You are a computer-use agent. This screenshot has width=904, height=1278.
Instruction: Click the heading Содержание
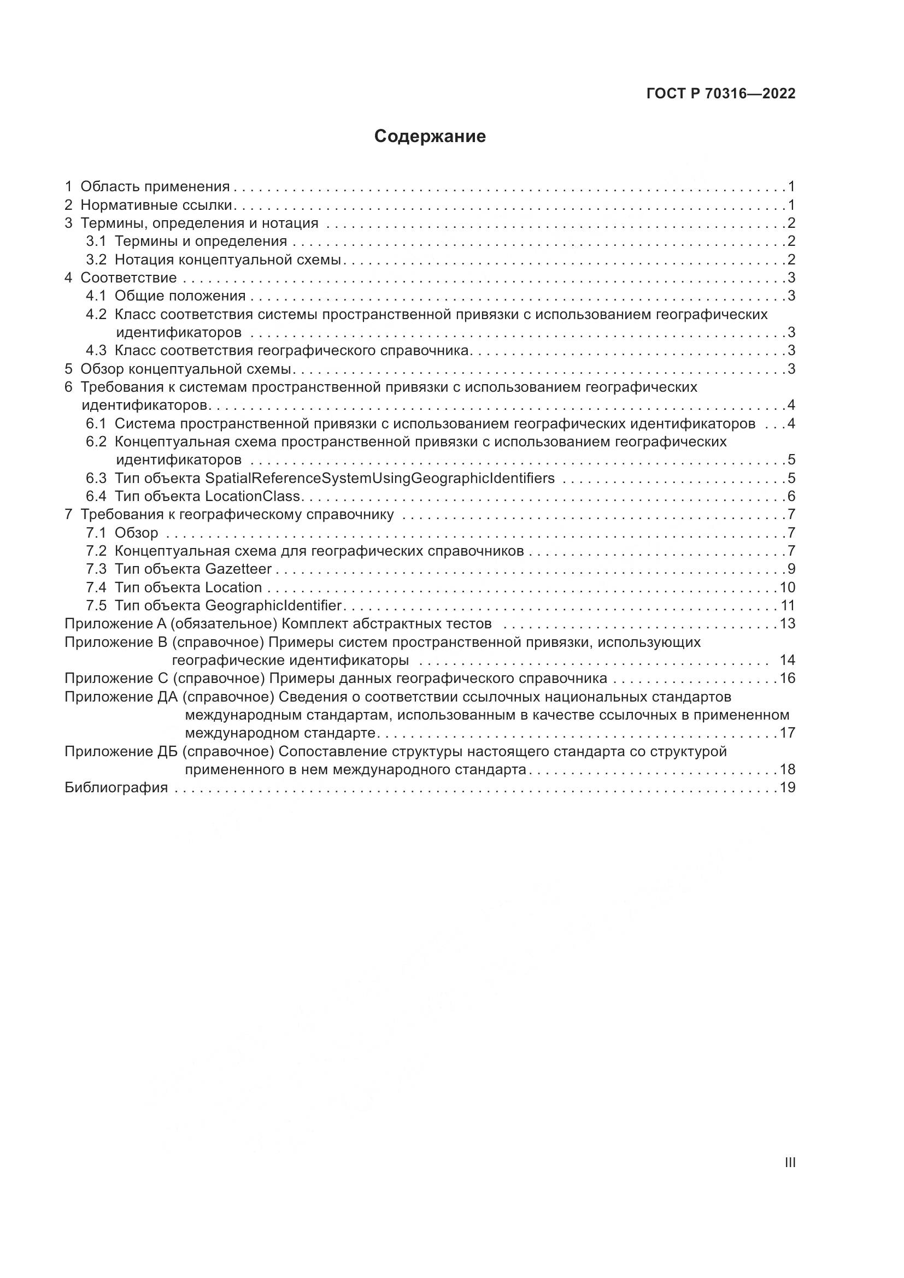click(430, 137)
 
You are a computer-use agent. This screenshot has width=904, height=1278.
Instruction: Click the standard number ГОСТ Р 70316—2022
click(721, 93)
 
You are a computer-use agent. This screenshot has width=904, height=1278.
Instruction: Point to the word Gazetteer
click(238, 569)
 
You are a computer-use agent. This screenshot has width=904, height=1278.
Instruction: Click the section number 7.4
click(96, 587)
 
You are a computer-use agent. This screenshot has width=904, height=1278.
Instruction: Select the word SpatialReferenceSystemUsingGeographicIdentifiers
click(380, 478)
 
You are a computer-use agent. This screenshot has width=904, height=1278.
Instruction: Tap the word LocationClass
click(253, 496)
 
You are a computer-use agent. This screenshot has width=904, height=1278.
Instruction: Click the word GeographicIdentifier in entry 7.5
click(273, 605)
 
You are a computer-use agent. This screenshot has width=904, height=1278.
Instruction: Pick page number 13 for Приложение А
click(788, 623)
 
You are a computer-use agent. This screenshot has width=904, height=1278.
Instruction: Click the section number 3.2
click(96, 260)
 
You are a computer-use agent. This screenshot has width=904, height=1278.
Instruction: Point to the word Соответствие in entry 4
click(128, 277)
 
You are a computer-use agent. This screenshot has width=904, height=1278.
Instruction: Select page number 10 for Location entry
click(788, 587)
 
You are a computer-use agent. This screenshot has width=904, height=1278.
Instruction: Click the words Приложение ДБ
click(121, 751)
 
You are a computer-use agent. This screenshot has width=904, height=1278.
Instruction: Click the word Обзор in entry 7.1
click(137, 533)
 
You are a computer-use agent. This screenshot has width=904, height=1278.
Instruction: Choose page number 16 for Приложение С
click(788, 678)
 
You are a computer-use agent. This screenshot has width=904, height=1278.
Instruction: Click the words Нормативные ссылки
click(156, 205)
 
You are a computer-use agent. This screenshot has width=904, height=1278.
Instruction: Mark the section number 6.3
click(96, 478)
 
